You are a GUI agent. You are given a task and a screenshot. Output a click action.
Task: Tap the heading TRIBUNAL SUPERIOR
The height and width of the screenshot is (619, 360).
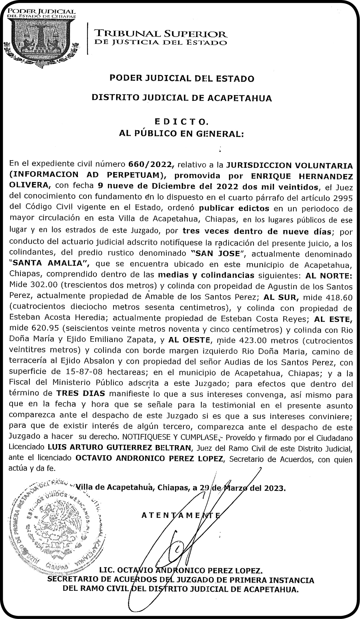160,34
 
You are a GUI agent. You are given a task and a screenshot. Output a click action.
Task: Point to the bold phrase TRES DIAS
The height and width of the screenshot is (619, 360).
81,393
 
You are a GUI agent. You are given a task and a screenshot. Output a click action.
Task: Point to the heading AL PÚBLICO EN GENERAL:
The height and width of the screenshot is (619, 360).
181,134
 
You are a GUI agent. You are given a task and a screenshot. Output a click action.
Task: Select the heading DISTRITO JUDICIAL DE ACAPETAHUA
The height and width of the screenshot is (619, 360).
182,97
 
